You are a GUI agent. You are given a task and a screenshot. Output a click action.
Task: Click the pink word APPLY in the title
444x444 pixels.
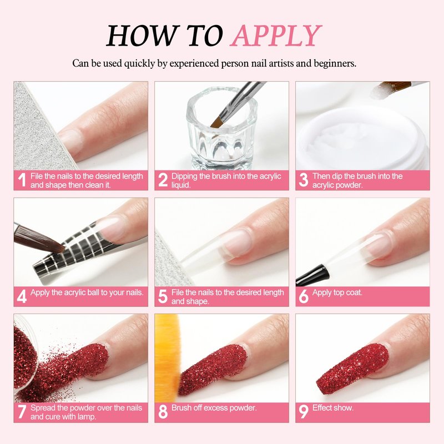point(276,36)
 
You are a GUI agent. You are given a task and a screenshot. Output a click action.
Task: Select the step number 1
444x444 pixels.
point(22,180)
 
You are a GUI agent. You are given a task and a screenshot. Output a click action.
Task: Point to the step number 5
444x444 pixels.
point(163,296)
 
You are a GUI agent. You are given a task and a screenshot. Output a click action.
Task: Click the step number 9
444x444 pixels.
point(303,411)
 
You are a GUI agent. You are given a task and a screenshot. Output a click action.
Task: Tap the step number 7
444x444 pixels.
point(22,411)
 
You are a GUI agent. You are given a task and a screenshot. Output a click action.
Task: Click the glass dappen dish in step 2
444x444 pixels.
point(221,129)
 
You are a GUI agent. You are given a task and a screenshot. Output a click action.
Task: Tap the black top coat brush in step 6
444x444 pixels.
point(312,274)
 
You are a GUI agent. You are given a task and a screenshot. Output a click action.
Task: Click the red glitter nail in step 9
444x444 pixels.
point(352,368)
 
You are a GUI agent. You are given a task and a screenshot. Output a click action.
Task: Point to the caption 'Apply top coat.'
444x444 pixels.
point(337,292)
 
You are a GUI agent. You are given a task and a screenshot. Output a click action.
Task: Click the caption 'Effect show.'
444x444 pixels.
point(332,408)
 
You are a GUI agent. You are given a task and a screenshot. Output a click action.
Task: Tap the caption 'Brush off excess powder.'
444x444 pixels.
point(214,408)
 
